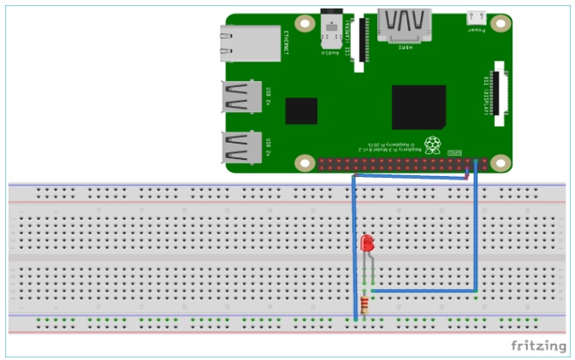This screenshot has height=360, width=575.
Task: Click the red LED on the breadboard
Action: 368,244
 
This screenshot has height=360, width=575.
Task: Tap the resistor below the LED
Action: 367,305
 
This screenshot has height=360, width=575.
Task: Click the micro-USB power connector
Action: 476,16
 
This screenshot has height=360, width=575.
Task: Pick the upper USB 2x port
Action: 243,97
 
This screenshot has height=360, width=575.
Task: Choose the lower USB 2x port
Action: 243,148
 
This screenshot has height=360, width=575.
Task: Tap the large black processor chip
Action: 418,107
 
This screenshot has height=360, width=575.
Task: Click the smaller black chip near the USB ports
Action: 301,112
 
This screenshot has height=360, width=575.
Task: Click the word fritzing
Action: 538,345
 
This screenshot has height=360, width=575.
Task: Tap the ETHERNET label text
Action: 286,44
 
